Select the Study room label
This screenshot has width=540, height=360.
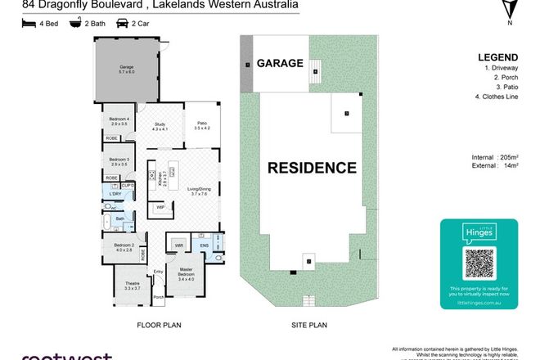[x=159, y=125]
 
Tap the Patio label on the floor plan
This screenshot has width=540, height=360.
[x=202, y=124]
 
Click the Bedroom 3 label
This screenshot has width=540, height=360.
[x=120, y=161]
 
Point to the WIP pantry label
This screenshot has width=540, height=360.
[x=161, y=208]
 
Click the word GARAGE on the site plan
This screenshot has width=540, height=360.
[x=281, y=63]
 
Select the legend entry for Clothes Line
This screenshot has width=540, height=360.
[x=501, y=100]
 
